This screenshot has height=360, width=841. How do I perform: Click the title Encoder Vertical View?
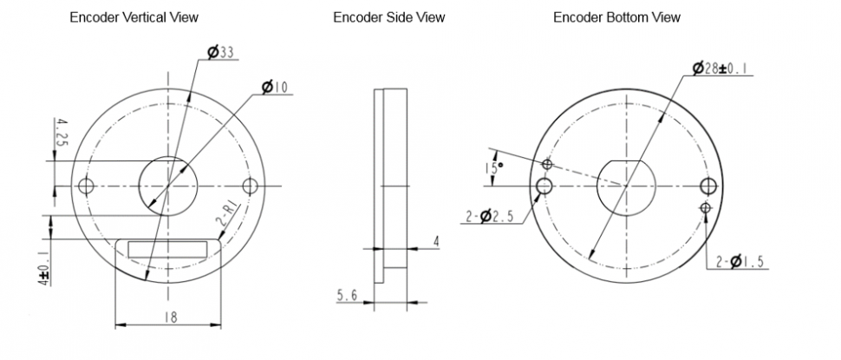click(134, 17)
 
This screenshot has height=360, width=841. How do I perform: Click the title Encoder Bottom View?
click(616, 17)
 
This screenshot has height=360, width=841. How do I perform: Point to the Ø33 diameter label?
click(222, 54)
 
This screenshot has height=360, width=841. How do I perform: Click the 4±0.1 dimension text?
click(42, 267)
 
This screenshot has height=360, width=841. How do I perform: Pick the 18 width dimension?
click(169, 317)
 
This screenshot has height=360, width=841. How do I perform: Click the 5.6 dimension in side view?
click(349, 297)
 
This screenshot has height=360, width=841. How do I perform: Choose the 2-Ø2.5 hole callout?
click(490, 217)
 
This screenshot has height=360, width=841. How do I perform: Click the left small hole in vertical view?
click(86, 186)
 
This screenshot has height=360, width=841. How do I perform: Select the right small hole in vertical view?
click(251, 186)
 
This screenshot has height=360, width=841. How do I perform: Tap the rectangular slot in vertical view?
click(168, 248)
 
